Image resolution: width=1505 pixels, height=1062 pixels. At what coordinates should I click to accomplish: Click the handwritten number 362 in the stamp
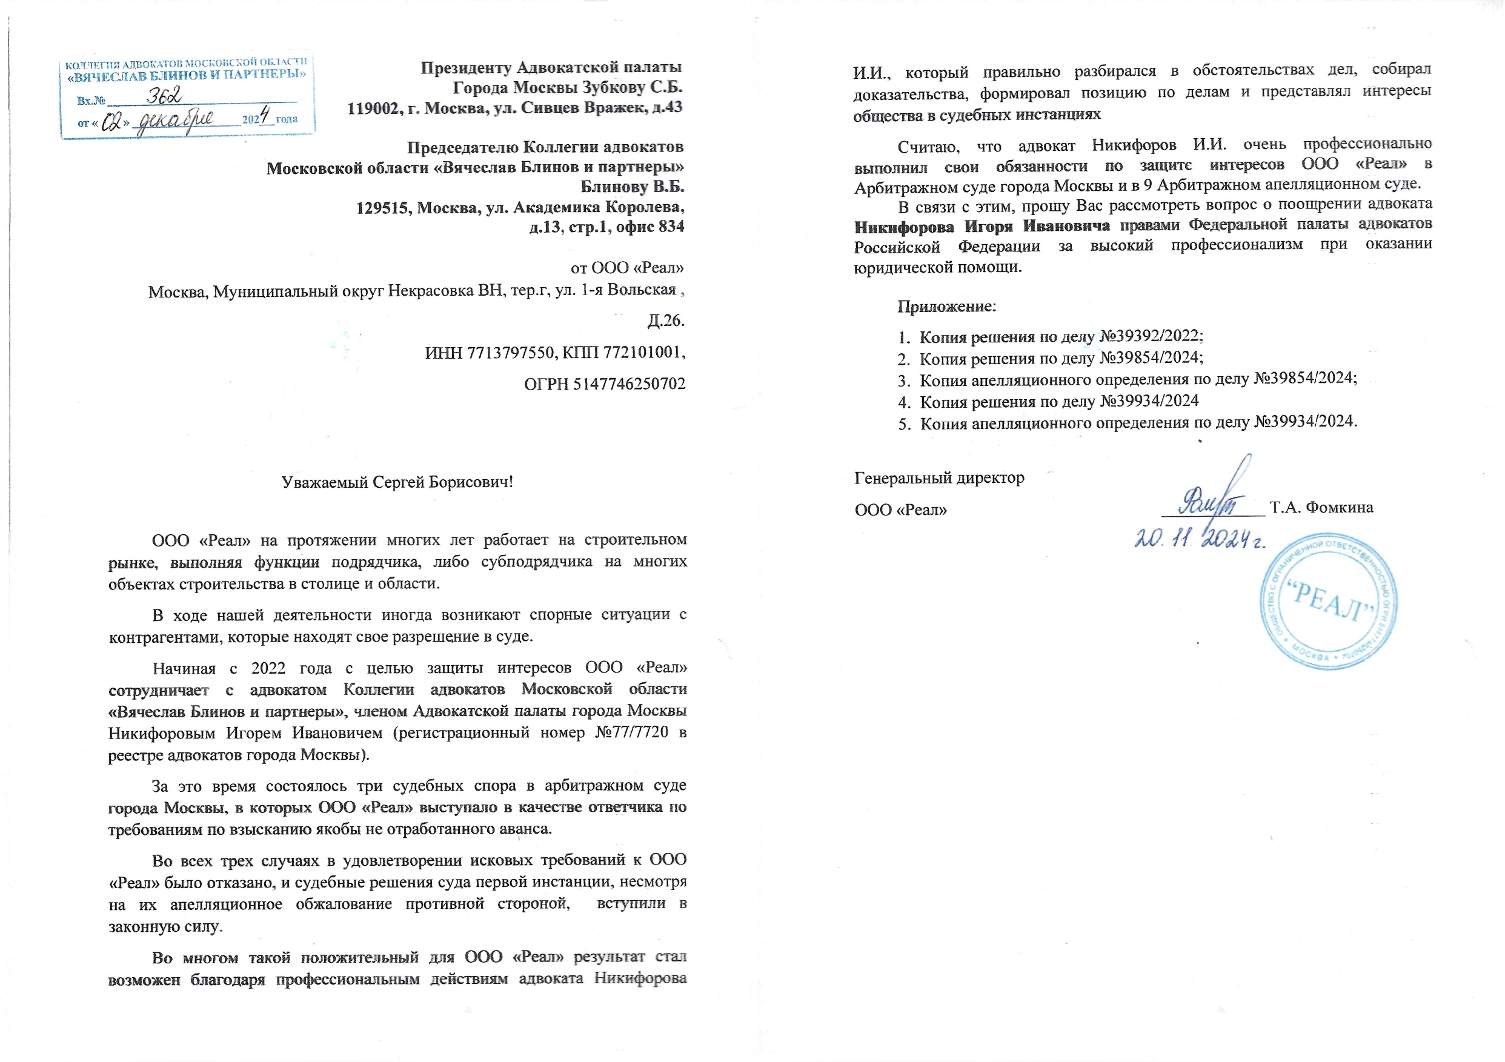tap(164, 97)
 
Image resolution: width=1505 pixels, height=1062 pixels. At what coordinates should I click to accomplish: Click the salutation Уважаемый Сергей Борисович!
tap(397, 482)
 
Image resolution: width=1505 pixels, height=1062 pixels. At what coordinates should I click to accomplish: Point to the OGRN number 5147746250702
tap(630, 384)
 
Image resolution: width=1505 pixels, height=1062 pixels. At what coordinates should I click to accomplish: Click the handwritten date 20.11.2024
tap(1199, 539)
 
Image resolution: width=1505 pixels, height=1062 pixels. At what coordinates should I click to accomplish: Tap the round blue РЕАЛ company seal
tap(1328, 601)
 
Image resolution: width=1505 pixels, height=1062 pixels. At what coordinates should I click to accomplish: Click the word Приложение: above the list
tap(946, 306)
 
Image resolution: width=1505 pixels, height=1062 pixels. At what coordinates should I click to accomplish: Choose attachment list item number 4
tap(1049, 401)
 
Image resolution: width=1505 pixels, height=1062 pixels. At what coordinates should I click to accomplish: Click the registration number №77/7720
tap(631, 732)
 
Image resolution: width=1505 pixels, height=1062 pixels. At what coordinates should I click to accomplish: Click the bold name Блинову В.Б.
tap(632, 187)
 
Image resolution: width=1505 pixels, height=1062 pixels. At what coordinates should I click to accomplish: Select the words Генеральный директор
tap(939, 478)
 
